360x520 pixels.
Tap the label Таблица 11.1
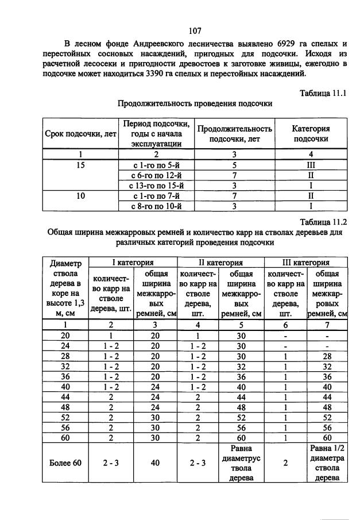pyautogui.click(x=324, y=93)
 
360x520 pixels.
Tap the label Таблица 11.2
pyautogui.click(x=324, y=222)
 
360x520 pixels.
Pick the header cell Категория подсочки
pyautogui.click(x=311, y=134)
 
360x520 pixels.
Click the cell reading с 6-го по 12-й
pyautogui.click(x=157, y=175)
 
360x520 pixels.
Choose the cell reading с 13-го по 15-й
pyautogui.click(x=157, y=185)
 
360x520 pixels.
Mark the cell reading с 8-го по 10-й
pyautogui.click(x=157, y=206)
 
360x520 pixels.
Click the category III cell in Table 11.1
pyautogui.click(x=311, y=164)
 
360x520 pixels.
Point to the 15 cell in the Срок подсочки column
pyautogui.click(x=80, y=164)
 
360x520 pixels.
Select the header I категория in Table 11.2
pyautogui.click(x=133, y=263)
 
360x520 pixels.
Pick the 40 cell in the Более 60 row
pyautogui.click(x=155, y=463)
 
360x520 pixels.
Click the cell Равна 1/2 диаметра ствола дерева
pyautogui.click(x=328, y=463)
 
